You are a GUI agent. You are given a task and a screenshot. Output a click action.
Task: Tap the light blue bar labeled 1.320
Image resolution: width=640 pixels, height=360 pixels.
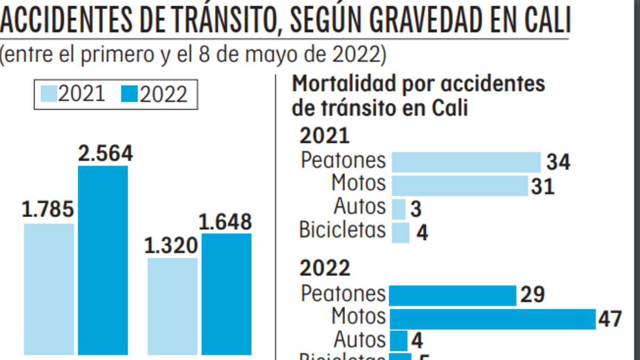pos(172,306)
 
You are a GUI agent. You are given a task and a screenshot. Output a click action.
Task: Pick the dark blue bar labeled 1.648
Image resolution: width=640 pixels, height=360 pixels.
pos(227,294)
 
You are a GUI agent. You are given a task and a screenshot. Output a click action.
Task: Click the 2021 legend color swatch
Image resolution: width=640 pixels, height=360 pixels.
pos(49,94)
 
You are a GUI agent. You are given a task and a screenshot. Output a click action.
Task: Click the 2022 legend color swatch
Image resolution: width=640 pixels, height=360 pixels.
pos(130,94)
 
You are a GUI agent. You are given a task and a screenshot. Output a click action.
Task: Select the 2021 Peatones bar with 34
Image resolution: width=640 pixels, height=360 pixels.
pos(466,162)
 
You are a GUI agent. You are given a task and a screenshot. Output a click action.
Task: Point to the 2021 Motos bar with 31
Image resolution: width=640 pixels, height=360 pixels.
pos(460,186)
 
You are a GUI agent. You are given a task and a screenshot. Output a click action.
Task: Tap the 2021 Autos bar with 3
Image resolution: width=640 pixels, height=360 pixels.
pos(398,209)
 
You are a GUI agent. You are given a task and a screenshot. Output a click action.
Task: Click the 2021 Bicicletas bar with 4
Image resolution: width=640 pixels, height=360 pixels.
pos(401,233)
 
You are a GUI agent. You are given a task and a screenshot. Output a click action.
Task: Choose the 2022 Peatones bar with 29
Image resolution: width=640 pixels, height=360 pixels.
pos(452,295)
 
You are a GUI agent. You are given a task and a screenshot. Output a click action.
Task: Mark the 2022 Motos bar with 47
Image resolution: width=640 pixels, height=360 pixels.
pos(492,319)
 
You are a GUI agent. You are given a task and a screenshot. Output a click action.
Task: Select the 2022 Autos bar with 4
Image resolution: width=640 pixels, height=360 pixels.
pos(398,341)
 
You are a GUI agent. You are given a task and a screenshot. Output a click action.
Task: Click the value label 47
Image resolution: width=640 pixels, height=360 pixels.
pos(610,319)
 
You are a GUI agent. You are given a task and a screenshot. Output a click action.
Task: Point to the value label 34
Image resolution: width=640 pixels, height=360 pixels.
pos(558,162)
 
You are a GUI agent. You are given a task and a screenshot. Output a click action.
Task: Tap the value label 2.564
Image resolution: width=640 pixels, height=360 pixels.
pos(105,154)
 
